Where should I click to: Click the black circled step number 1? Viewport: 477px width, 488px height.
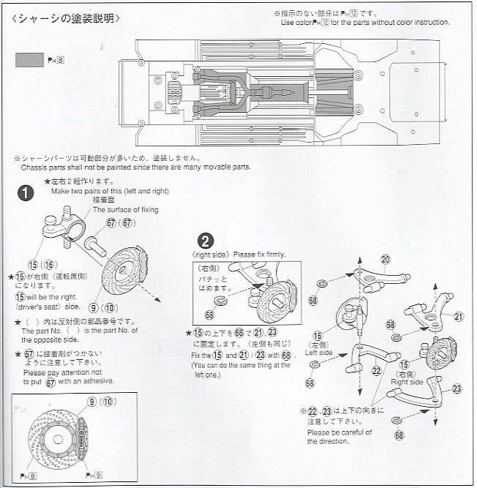coord(26,193)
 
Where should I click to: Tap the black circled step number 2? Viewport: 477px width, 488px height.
coord(206,241)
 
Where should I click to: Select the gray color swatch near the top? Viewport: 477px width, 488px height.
coord(29,59)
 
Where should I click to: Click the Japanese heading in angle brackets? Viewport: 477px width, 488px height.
coord(66,18)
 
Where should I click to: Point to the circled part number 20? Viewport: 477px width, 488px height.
coord(386,259)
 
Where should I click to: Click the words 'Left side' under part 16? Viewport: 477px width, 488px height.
coord(319,352)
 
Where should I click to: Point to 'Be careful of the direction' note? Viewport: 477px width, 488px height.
coord(339,437)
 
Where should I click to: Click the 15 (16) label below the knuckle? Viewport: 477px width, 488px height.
coord(42,264)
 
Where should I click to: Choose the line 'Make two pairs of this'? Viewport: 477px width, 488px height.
coord(109,191)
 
